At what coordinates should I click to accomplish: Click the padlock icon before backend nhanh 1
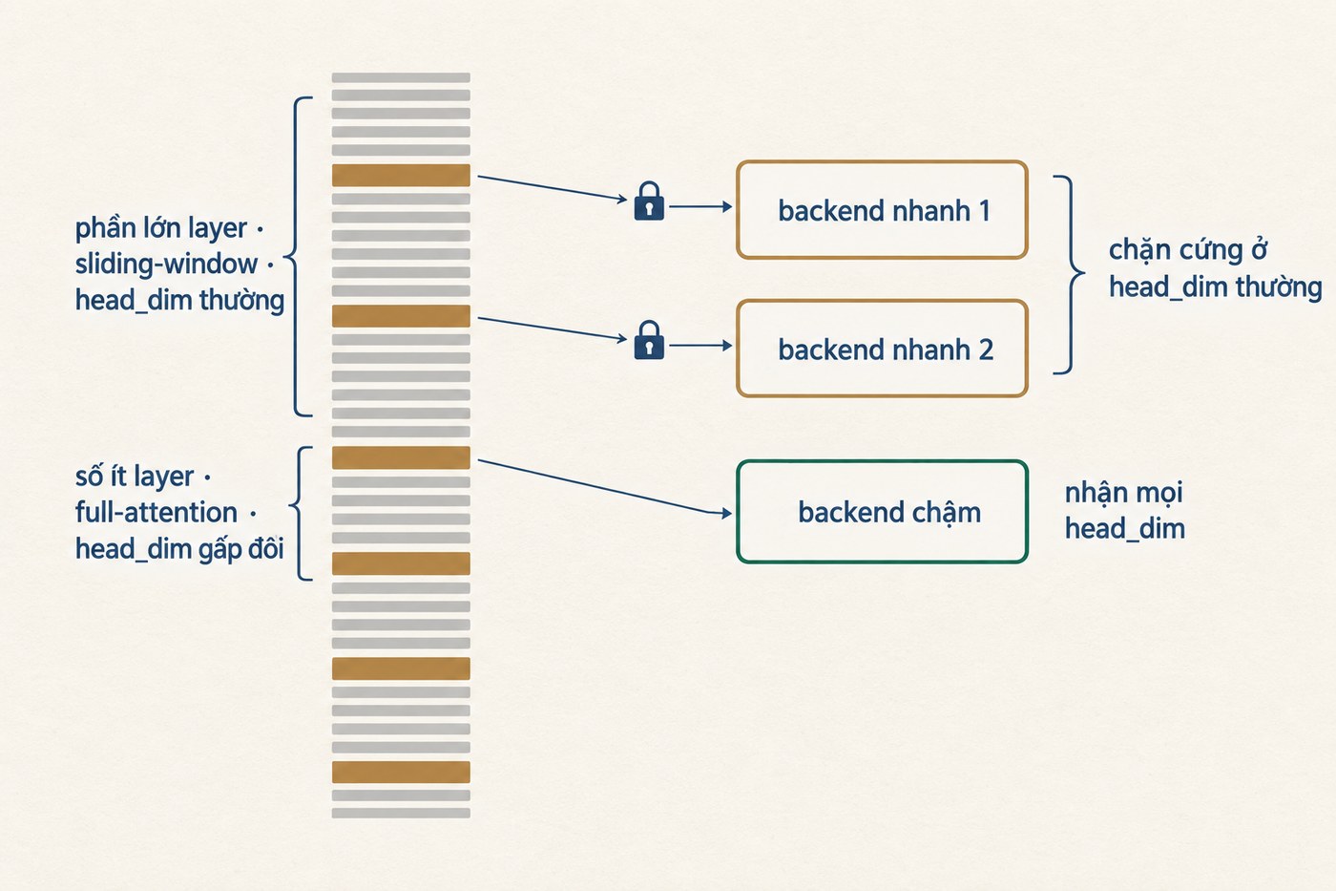point(649,202)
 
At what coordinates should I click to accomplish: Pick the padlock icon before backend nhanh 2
point(649,340)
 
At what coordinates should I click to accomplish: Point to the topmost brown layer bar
point(401,175)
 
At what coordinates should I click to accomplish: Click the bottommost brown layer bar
point(401,772)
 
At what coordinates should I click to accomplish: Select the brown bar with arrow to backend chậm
point(401,457)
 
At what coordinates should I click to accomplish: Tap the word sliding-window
point(166,264)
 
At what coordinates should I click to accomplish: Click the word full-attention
point(157,513)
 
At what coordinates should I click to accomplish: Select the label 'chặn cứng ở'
point(1187,250)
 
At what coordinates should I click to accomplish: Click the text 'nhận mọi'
point(1124,493)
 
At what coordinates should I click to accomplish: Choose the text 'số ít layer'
point(135,477)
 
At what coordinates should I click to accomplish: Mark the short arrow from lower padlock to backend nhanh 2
point(700,346)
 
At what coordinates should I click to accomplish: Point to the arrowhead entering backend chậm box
point(726,513)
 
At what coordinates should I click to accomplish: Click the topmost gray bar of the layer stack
point(401,77)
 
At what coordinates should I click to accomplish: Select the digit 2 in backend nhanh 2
point(985,350)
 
